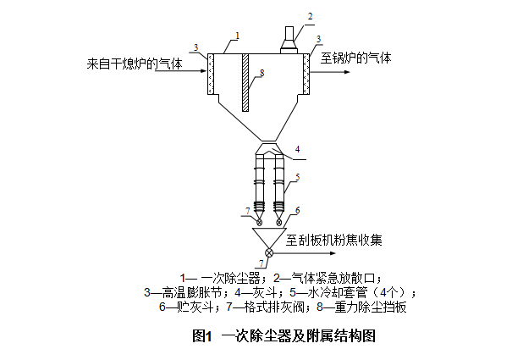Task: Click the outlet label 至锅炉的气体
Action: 355,59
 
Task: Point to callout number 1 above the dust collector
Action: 238,36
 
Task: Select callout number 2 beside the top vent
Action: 311,16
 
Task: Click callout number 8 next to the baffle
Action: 263,74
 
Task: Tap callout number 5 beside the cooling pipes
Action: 297,179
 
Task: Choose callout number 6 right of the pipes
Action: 297,210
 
